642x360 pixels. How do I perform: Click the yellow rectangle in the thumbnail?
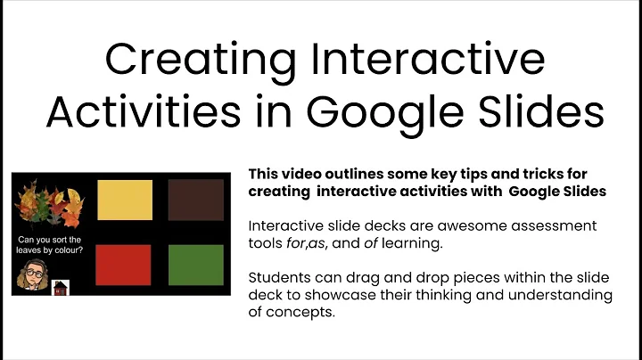[x=124, y=200]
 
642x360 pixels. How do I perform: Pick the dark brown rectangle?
[x=195, y=200]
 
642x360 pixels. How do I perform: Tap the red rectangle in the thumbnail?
[x=124, y=265]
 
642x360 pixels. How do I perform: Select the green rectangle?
[x=195, y=265]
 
